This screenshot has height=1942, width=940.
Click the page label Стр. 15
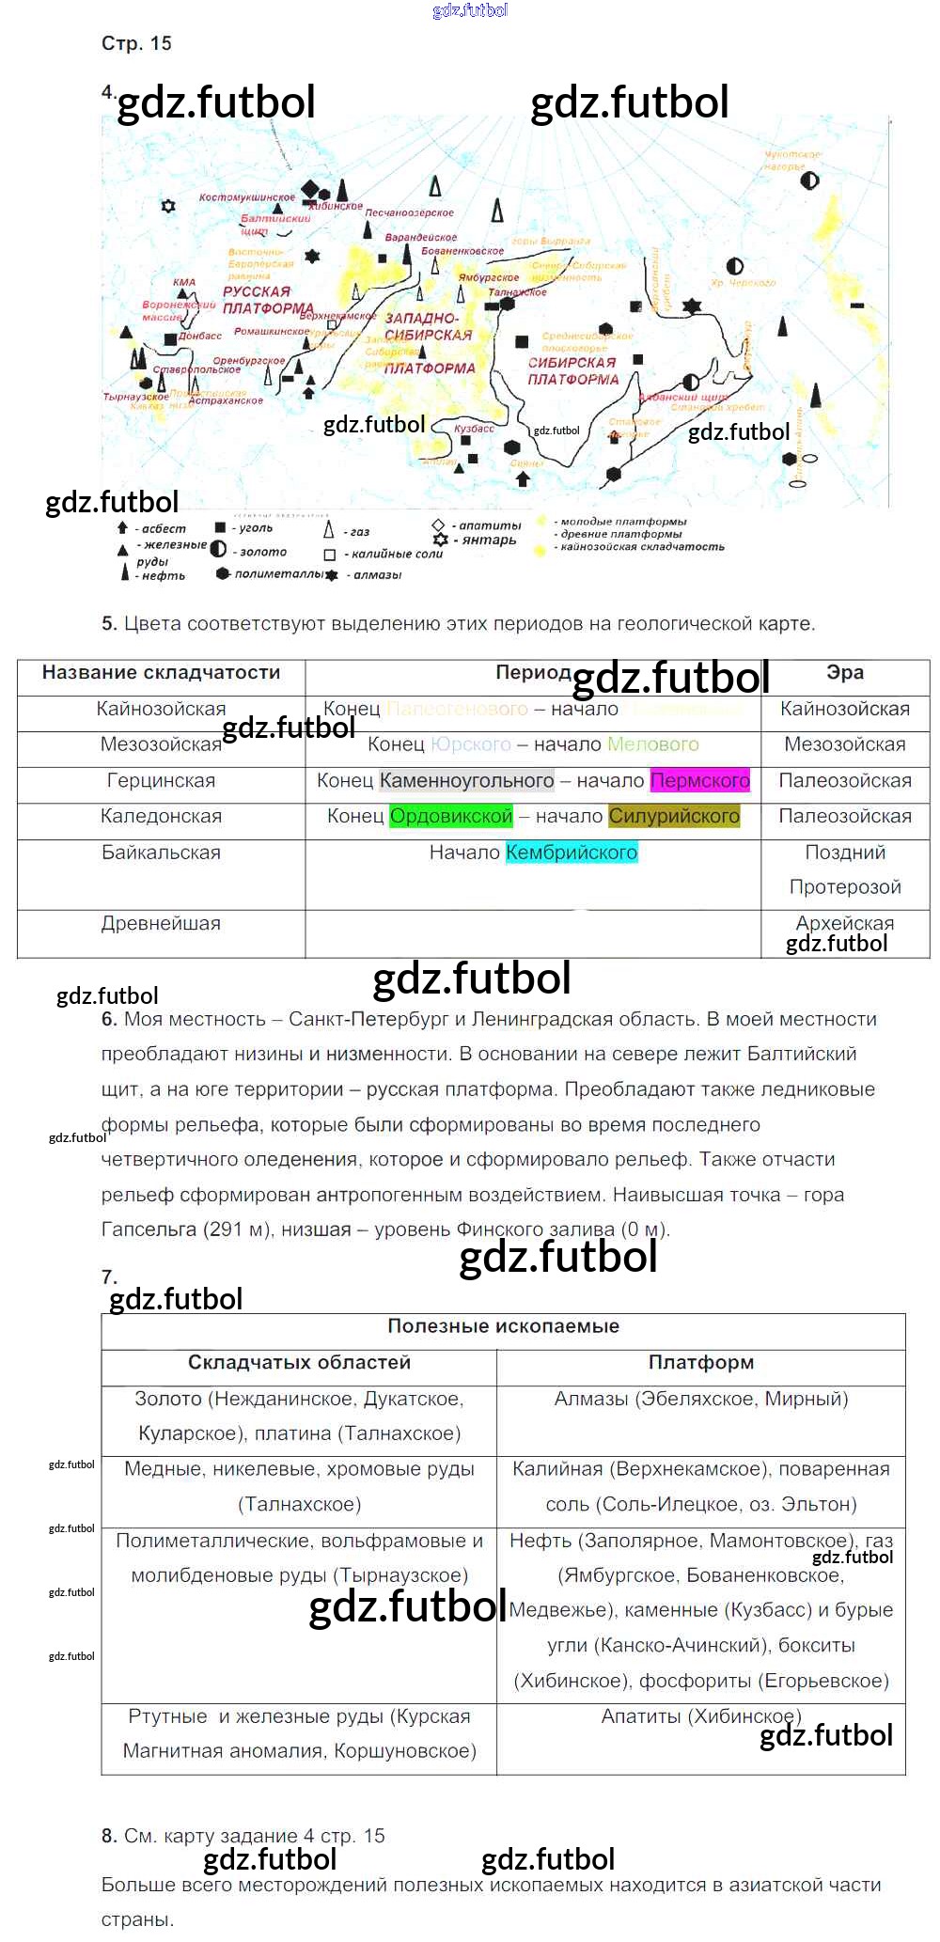click(136, 43)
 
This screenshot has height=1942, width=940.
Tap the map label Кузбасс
click(474, 429)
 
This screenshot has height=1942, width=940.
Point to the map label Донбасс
click(200, 336)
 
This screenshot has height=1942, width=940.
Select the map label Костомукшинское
click(247, 197)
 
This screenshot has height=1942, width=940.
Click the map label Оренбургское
click(248, 361)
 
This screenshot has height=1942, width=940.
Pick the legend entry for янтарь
click(488, 540)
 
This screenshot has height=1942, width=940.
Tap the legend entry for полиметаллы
click(278, 573)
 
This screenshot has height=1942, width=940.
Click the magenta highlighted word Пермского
click(700, 780)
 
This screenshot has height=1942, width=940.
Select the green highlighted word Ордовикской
click(451, 816)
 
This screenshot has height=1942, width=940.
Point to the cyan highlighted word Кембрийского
click(572, 853)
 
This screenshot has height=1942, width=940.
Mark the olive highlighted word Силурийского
click(674, 816)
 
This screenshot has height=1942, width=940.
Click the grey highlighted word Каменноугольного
click(466, 780)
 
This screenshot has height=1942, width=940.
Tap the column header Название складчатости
click(161, 672)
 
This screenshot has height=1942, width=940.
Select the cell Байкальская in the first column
click(161, 853)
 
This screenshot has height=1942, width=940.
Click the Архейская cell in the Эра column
click(844, 923)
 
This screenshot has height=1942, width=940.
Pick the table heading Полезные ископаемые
click(503, 1326)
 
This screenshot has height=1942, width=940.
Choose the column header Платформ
click(700, 1362)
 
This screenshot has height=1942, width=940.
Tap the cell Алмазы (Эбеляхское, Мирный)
click(700, 1399)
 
